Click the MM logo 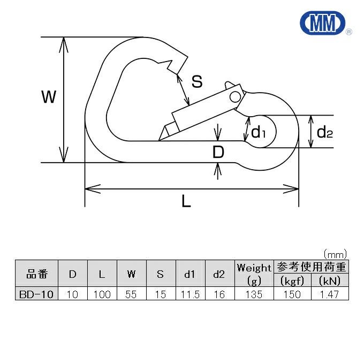323,24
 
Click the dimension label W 49,97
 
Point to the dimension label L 186,201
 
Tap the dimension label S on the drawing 197,81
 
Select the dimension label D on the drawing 218,153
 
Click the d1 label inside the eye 259,131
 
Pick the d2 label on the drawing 324,132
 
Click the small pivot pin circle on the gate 234,96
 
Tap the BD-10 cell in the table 35,294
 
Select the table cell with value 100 101,294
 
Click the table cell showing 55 131,294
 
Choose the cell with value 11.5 189,294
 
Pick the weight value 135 254,294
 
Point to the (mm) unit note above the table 335,253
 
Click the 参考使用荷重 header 310,267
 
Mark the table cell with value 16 219,294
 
